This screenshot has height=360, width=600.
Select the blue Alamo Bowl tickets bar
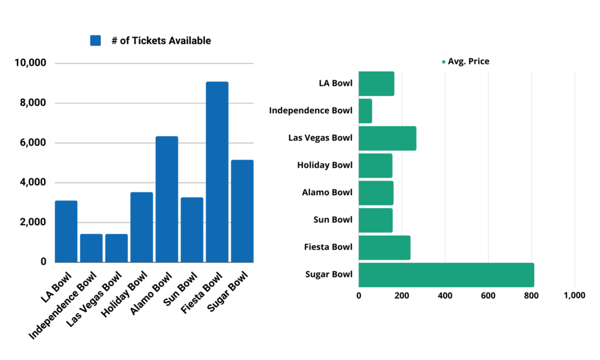coord(166,199)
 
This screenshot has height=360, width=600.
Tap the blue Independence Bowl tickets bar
coord(91,248)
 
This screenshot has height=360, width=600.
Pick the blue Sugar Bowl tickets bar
coord(242,211)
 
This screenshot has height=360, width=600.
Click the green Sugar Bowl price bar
coord(446,275)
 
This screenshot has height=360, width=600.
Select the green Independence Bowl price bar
coord(365,111)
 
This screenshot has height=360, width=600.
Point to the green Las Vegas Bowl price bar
coord(387,138)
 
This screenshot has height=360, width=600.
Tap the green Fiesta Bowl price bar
coord(384,247)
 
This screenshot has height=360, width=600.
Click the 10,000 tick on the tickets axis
coord(34,63)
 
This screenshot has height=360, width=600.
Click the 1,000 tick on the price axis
coord(574,296)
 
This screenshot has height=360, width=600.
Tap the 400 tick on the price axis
coord(445,296)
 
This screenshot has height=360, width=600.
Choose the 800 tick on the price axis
coord(531,296)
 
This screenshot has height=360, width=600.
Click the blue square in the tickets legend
coord(96,40)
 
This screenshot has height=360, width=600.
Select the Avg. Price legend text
coord(468,61)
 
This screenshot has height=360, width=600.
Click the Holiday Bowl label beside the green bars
coord(325,165)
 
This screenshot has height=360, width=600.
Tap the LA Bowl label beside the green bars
coord(335,83)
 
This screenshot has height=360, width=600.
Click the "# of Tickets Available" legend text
coord(161,40)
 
